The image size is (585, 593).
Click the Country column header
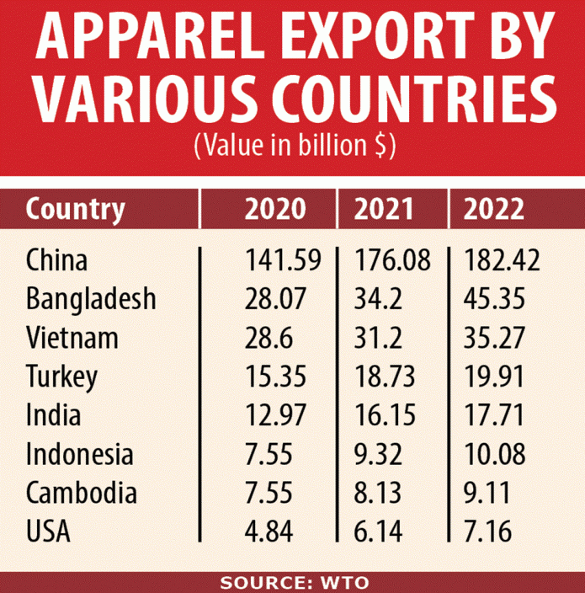point(75,209)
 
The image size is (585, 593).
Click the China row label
point(56,259)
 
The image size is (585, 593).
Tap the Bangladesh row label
point(91,298)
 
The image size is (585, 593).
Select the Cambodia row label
point(81,492)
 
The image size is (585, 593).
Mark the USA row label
point(49,531)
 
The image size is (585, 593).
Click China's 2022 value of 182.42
point(503,259)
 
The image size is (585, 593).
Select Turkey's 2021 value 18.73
point(380,376)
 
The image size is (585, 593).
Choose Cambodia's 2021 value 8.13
point(373,492)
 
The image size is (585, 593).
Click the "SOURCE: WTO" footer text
point(292,582)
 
